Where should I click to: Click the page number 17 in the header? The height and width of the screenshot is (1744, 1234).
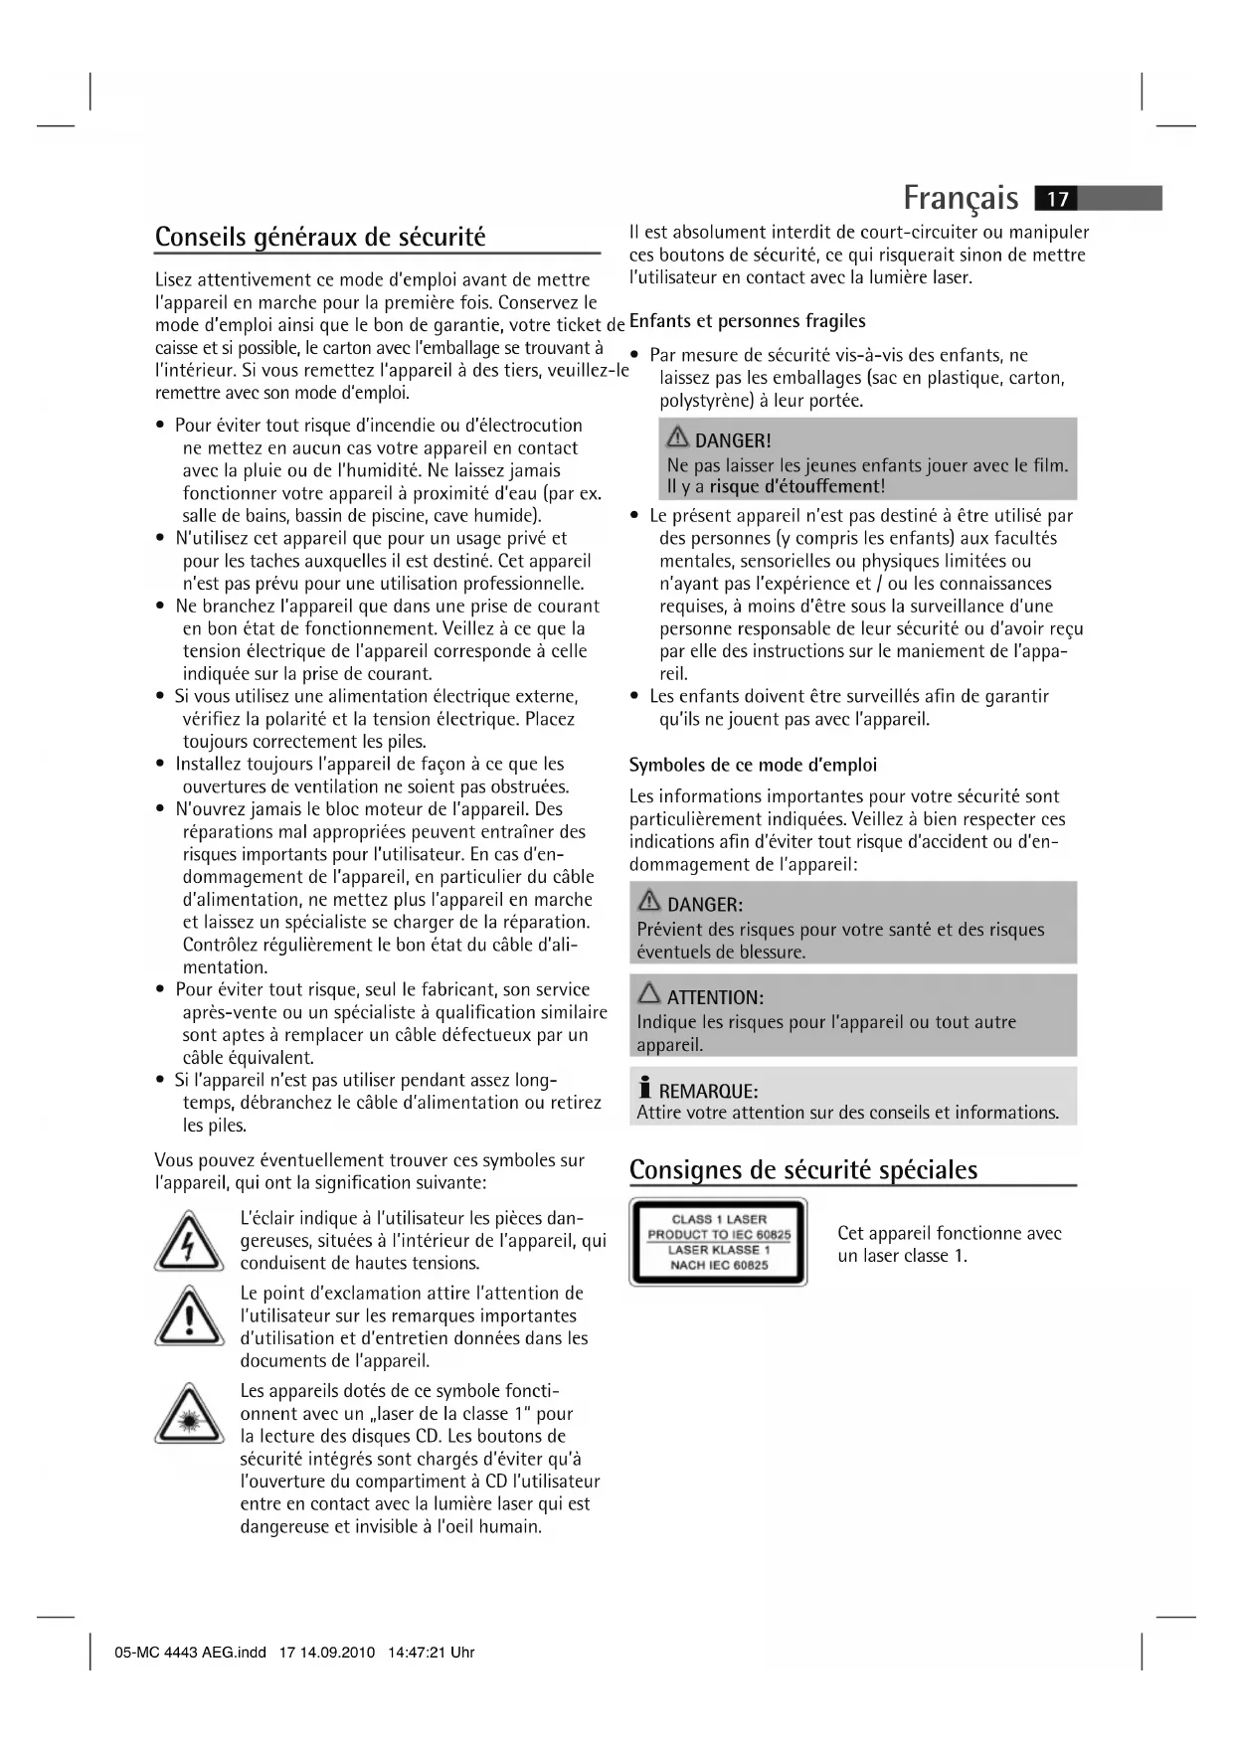click(x=1057, y=199)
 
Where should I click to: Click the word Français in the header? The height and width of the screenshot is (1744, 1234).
click(x=961, y=198)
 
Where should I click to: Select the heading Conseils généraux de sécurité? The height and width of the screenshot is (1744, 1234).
click(x=320, y=237)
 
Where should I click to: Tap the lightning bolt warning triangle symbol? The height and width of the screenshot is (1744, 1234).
click(x=189, y=1242)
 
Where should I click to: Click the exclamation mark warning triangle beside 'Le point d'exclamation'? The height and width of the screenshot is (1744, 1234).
click(x=189, y=1316)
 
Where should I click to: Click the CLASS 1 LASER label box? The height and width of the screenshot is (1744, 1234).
click(x=718, y=1242)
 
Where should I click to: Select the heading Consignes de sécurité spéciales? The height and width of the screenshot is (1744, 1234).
click(x=803, y=1169)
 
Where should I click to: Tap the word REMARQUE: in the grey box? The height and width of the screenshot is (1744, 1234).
click(x=708, y=1091)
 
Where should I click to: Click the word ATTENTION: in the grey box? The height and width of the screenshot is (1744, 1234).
click(x=715, y=997)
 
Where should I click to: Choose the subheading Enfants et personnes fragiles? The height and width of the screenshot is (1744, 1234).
click(x=747, y=321)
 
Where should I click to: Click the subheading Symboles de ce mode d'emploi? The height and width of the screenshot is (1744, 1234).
click(x=753, y=765)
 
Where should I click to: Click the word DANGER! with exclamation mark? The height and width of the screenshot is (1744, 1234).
click(x=733, y=440)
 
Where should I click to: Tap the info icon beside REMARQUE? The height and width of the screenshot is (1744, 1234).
click(x=645, y=1088)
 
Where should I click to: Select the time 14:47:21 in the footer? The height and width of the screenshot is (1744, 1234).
click(x=418, y=1653)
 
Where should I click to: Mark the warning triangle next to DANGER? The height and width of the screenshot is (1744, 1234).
click(x=649, y=902)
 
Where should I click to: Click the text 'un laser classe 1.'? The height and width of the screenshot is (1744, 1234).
click(x=902, y=1256)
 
